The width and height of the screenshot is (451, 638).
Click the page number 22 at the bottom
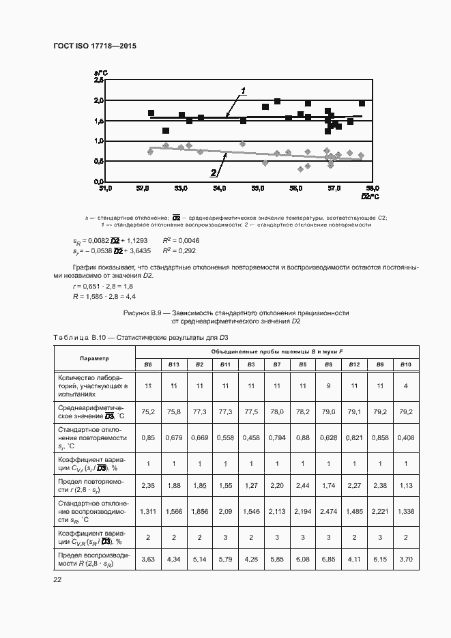(x=57, y=580)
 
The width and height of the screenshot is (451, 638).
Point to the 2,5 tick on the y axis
(x=99, y=81)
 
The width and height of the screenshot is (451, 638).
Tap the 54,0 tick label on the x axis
(x=219, y=188)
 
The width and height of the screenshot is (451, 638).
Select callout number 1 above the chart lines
(x=243, y=91)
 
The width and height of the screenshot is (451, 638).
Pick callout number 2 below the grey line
(x=214, y=173)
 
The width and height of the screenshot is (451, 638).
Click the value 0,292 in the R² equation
(x=188, y=251)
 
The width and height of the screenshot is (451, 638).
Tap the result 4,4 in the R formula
(x=130, y=296)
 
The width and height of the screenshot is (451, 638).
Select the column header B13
(x=174, y=364)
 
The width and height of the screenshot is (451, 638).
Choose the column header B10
(x=406, y=364)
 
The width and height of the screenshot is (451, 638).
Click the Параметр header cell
(x=94, y=358)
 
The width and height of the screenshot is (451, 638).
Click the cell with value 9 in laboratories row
(x=329, y=386)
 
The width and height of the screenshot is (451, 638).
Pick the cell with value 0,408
(x=406, y=437)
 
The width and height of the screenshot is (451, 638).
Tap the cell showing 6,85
(x=329, y=559)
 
